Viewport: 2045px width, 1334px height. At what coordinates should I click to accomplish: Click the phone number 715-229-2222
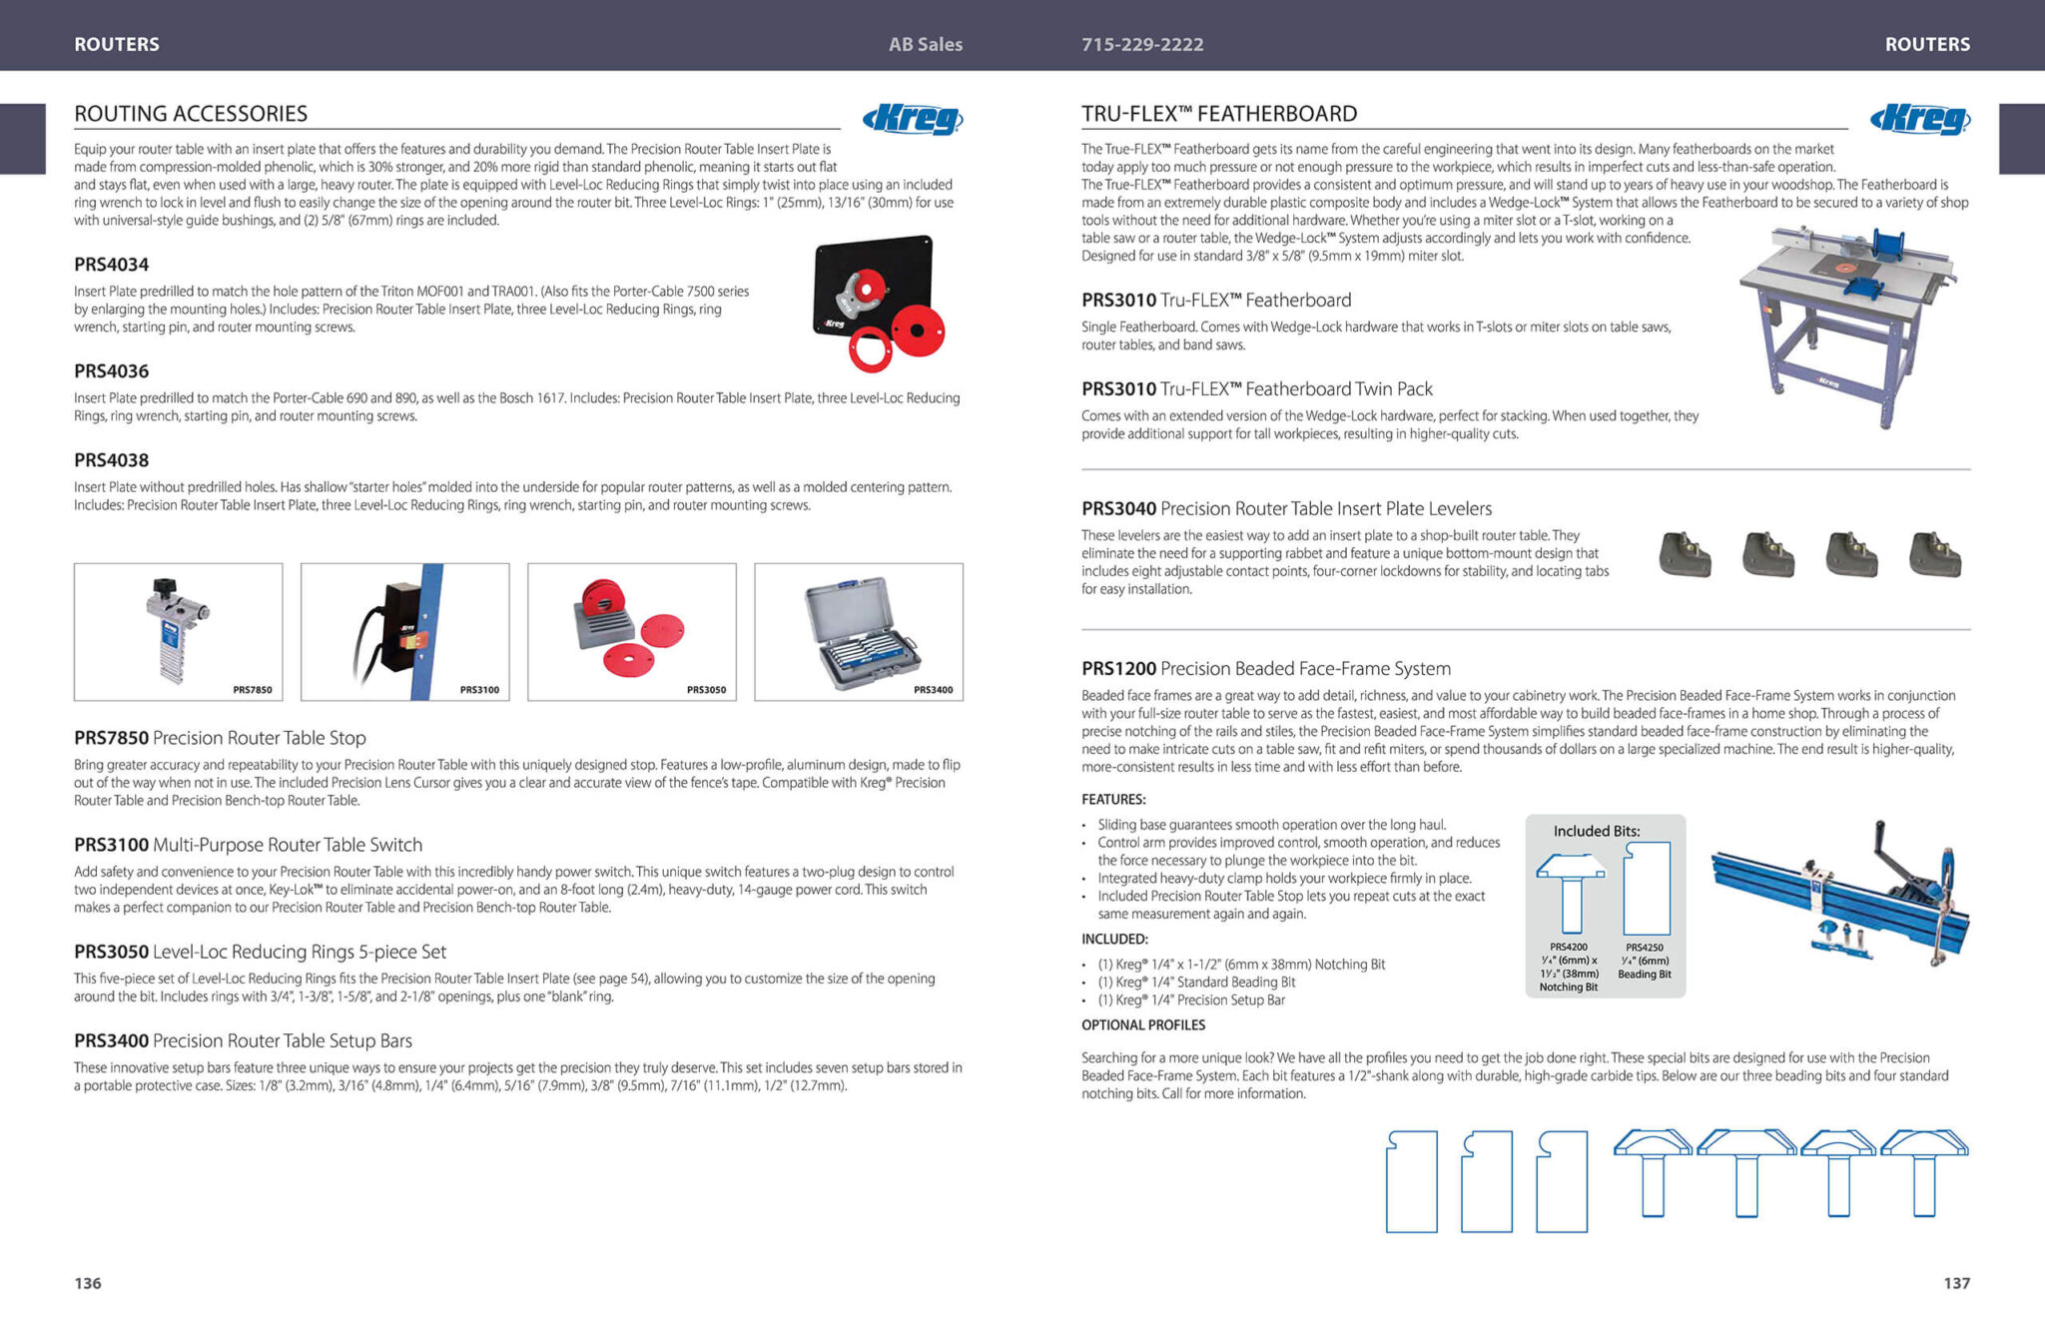[x=1142, y=44]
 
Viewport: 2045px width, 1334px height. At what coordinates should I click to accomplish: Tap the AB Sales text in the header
[x=926, y=44]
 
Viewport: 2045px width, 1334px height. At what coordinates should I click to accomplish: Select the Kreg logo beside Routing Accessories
[x=913, y=119]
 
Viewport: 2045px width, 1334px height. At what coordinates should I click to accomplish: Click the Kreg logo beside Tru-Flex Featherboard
[x=1920, y=119]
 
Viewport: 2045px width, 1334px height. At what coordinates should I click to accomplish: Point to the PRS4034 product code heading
[x=111, y=265]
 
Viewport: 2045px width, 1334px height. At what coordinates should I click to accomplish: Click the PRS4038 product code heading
[x=111, y=460]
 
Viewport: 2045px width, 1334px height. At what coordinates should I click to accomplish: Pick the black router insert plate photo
[x=879, y=303]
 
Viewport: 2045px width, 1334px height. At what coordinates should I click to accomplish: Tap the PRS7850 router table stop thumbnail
[x=178, y=632]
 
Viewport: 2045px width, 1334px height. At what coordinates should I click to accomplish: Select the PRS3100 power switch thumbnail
[x=404, y=632]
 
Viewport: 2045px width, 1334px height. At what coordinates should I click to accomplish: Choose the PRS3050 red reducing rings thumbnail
[x=632, y=632]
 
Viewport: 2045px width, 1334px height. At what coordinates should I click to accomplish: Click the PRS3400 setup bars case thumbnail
[x=859, y=632]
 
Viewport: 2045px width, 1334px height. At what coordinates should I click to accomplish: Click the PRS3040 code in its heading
[x=1118, y=509]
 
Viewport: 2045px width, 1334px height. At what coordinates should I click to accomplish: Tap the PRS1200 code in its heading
[x=1118, y=669]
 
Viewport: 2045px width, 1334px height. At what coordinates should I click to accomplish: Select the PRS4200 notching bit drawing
[x=1570, y=892]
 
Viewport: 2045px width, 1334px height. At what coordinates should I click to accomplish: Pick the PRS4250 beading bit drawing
[x=1646, y=888]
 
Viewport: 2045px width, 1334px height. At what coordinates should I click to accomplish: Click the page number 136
[x=88, y=1283]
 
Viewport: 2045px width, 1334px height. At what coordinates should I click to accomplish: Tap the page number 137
[x=1957, y=1283]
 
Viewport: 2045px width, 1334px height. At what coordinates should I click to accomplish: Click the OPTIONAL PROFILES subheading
[x=1143, y=1025]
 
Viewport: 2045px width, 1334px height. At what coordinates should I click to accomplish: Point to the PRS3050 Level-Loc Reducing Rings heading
[x=260, y=952]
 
